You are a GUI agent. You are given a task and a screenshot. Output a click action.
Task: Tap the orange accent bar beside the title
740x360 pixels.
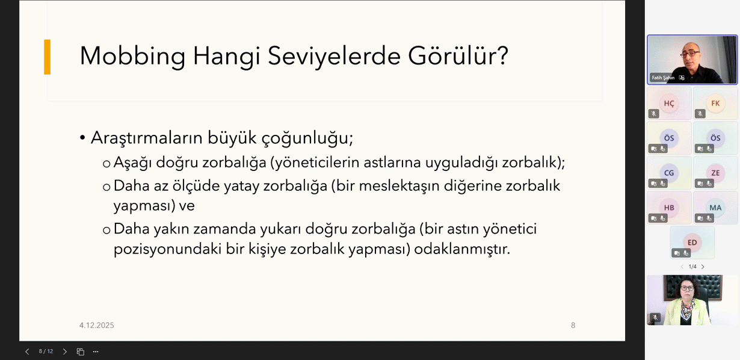48,57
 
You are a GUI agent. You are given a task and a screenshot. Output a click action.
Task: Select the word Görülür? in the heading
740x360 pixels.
458,55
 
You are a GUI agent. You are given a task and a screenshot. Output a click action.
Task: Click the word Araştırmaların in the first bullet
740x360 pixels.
147,137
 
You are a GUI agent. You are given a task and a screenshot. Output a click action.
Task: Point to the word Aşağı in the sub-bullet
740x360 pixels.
132,163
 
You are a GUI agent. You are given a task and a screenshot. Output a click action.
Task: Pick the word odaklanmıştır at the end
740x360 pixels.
462,249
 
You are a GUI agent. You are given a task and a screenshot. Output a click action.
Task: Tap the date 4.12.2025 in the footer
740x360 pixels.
96,325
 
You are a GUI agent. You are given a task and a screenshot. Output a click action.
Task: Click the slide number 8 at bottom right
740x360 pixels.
573,325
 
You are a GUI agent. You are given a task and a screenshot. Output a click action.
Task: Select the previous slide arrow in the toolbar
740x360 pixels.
28,352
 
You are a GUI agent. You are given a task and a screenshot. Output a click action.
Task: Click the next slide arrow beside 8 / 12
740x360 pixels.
65,352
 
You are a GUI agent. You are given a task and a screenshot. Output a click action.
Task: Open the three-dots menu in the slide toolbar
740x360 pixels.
96,352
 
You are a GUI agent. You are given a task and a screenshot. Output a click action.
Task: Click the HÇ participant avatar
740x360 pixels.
669,104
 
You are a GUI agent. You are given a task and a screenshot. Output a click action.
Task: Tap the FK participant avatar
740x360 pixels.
715,104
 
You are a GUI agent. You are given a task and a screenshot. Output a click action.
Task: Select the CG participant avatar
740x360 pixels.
669,173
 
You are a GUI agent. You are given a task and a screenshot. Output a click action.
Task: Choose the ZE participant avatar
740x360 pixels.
715,173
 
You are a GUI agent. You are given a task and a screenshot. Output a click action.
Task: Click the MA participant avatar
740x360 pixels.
715,208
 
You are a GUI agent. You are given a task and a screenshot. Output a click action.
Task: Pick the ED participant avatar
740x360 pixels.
692,243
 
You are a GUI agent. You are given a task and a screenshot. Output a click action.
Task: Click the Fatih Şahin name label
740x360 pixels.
663,78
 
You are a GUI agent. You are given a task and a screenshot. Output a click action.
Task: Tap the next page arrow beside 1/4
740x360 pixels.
703,267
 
